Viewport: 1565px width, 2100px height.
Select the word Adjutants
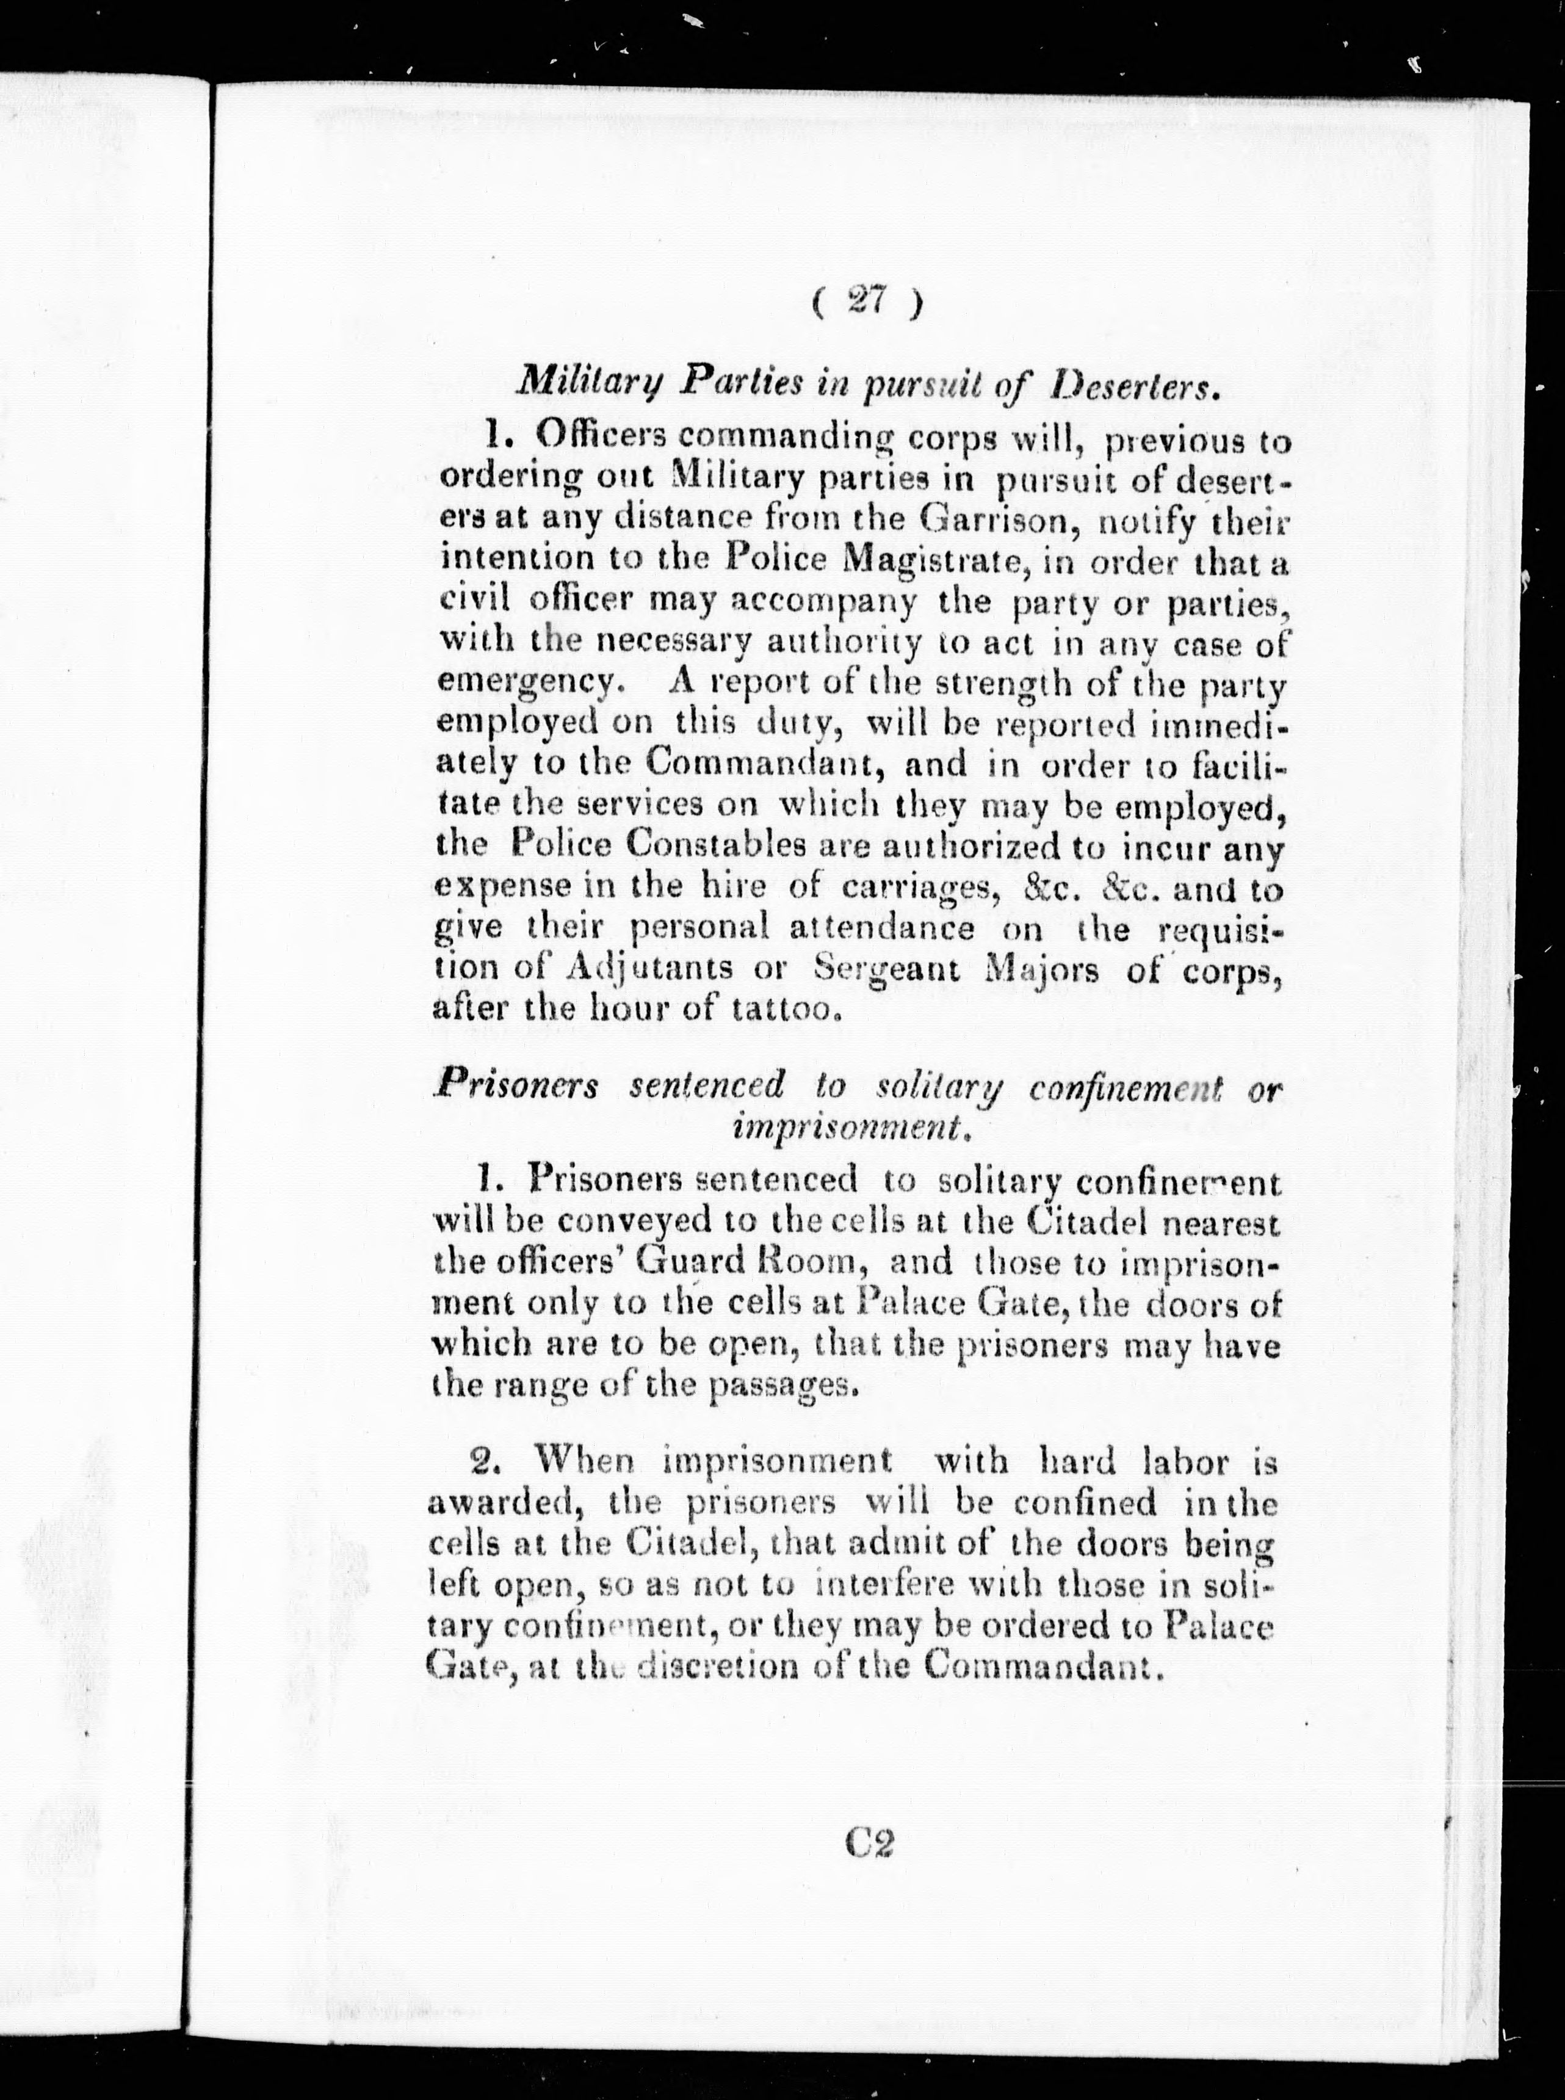point(649,970)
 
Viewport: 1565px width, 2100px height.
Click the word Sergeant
point(887,970)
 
